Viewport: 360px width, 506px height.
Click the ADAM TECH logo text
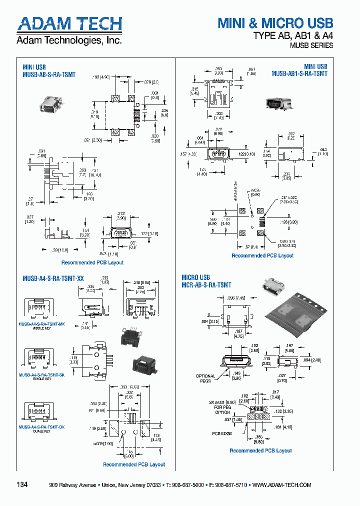[69, 23]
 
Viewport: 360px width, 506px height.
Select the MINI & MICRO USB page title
[275, 22]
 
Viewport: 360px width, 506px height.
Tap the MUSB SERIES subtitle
[311, 45]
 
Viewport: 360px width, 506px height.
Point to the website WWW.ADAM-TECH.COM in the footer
[282, 485]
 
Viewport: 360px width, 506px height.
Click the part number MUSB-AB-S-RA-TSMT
[49, 74]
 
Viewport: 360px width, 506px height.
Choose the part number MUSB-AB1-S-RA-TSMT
[299, 73]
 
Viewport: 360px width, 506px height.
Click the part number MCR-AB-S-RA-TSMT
[206, 285]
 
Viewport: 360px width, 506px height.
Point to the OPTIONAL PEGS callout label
[205, 378]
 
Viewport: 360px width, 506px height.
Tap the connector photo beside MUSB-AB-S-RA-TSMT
[50, 104]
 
